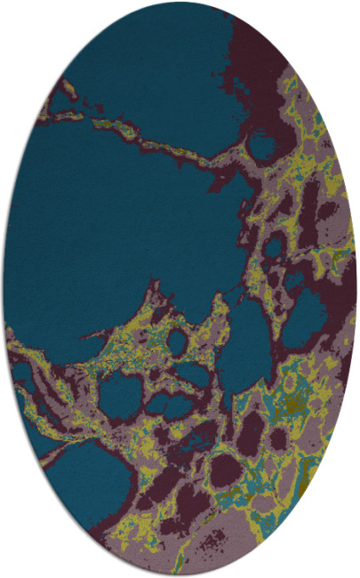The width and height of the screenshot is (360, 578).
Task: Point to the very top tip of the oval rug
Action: (180, 3)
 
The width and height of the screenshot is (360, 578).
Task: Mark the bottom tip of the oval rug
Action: (180, 575)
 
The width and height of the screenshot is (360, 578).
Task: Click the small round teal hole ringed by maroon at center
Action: (176, 341)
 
